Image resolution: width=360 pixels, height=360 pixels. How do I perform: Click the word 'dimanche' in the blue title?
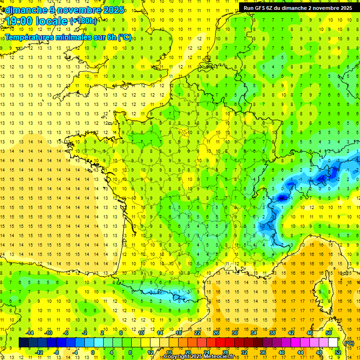pos(24,10)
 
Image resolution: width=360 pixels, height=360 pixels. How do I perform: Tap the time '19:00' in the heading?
pos(20,21)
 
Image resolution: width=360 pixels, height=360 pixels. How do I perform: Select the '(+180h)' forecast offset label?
pos(83,21)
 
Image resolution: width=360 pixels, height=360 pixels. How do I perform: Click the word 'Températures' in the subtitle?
pos(29,37)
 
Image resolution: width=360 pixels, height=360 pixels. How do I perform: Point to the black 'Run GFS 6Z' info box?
pos(298,7)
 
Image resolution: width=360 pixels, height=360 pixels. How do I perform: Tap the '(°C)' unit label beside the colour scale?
pos(349,343)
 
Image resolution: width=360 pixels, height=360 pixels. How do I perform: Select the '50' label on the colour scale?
pos(329,333)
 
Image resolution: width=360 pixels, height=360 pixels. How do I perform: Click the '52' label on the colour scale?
pos(338,352)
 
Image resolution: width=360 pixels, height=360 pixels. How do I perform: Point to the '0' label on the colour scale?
pos(93,352)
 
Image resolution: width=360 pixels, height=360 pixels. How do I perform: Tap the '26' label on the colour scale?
pos(216,333)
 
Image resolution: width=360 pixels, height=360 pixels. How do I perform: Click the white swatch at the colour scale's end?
pos(333,343)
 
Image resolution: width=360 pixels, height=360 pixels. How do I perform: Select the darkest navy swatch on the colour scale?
pos(23,343)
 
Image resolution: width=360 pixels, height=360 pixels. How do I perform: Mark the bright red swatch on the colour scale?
pos(220,343)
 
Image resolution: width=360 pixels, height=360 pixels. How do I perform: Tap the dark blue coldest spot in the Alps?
pos(282,198)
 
